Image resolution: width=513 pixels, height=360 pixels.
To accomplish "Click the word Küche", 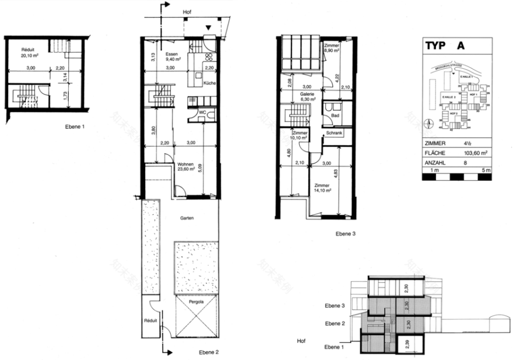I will [210, 83].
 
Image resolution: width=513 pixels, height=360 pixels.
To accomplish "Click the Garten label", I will [187, 218].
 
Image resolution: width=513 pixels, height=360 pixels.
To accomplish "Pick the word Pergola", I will [196, 302].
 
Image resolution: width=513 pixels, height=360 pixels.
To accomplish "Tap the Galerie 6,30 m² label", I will [307, 96].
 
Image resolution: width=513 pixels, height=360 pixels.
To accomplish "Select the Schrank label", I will [334, 134].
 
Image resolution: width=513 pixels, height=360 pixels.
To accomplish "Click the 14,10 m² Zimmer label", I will [322, 187].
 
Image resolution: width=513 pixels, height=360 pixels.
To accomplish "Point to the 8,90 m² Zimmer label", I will [332, 48].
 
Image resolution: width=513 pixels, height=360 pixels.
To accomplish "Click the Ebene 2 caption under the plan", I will [209, 352].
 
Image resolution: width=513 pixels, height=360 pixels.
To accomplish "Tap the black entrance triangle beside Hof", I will [209, 27].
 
